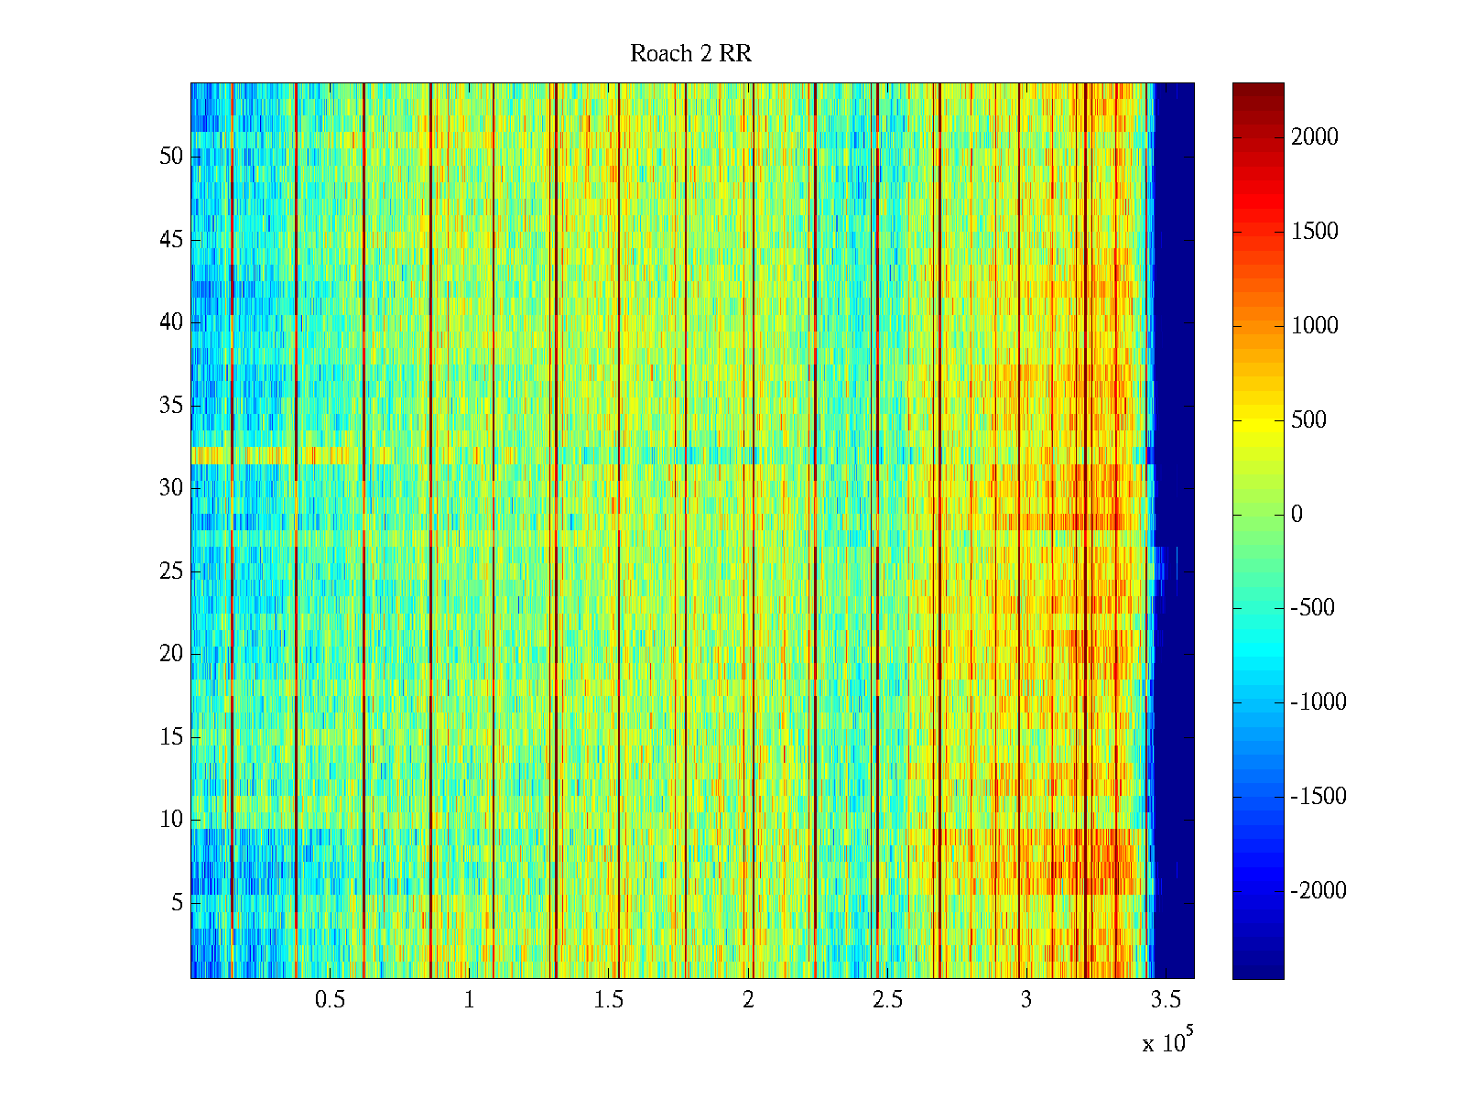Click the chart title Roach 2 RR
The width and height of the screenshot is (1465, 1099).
[x=690, y=54]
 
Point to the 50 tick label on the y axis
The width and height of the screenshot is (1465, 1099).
[x=171, y=157]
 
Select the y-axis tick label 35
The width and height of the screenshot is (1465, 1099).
[x=171, y=406]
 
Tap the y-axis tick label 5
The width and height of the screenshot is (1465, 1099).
[x=177, y=903]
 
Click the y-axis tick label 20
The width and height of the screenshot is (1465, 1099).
[x=171, y=654]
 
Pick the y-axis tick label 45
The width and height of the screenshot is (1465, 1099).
[x=171, y=240]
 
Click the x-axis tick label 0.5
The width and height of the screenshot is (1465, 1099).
[x=330, y=1000]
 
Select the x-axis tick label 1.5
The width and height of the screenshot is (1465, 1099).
[x=608, y=1000]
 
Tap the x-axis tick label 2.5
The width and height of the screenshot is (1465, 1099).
[x=887, y=1000]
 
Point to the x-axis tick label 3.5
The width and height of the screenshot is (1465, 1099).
[x=1166, y=1000]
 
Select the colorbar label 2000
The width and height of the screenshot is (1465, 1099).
[x=1314, y=137]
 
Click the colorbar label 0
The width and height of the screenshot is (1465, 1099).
[x=1297, y=515]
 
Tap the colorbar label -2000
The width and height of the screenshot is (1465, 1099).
[x=1318, y=890]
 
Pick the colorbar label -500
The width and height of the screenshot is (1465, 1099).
[x=1312, y=608]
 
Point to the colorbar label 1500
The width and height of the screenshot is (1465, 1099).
[x=1314, y=232]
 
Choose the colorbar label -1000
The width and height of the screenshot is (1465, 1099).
[x=1318, y=702]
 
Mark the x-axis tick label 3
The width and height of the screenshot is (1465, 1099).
[x=1025, y=1000]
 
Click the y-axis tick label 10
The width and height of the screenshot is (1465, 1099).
[x=171, y=820]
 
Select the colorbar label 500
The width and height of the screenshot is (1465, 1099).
[x=1308, y=420]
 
